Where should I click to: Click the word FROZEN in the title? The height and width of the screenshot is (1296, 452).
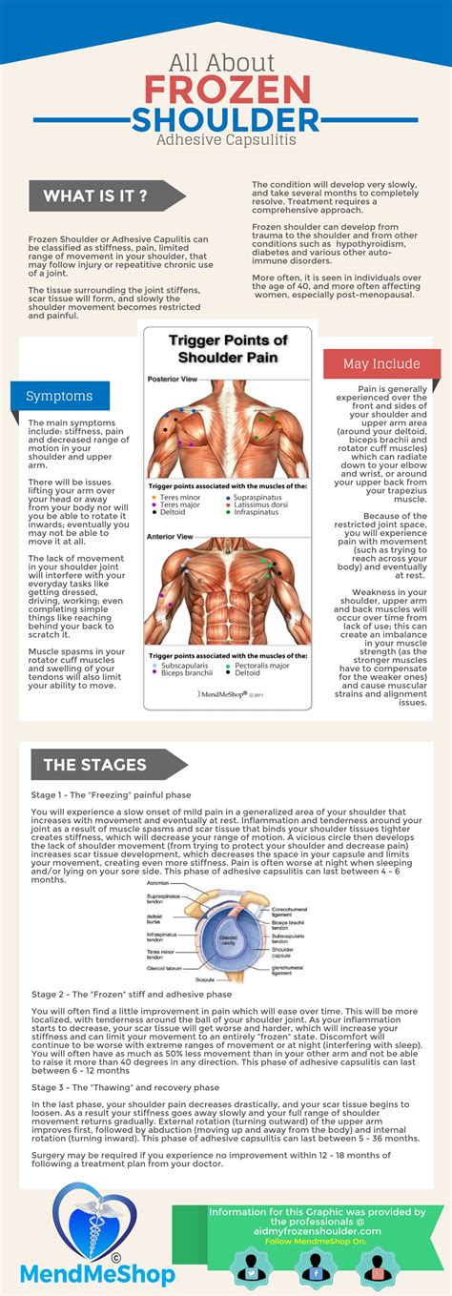click(x=226, y=90)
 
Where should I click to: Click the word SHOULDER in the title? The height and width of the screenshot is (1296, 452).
click(x=226, y=120)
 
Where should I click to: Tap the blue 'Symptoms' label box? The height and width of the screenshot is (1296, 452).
click(x=59, y=395)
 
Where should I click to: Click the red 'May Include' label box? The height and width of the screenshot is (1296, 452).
click(x=381, y=363)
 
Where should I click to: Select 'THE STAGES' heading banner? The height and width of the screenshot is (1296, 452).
click(x=95, y=764)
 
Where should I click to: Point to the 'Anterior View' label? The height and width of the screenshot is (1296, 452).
click(x=170, y=536)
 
